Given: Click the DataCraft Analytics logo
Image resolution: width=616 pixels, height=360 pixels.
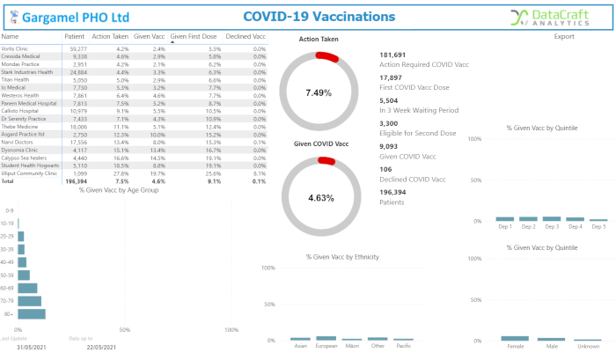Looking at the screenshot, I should pos(555,17).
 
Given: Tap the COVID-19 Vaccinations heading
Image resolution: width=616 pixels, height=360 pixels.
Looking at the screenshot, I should pos(319,17).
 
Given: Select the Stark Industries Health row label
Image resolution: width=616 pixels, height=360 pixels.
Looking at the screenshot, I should pos(28,72).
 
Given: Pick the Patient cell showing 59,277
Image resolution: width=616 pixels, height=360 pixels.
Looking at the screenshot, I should pos(77,48).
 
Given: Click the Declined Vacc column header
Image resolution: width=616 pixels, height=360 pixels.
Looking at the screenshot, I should pos(246,36).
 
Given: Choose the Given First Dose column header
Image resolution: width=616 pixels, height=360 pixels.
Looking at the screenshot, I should pos(194,36).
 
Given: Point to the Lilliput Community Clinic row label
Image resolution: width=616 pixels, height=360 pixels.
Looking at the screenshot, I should pos(30,173).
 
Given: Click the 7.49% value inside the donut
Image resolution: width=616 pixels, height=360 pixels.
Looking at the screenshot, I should pos(319,92).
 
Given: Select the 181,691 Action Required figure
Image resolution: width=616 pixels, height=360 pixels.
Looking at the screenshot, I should pos(392,55).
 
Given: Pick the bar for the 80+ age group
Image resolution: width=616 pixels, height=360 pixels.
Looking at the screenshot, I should pos(32,313).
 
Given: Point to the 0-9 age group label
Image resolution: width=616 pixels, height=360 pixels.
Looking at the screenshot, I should pos(10,211).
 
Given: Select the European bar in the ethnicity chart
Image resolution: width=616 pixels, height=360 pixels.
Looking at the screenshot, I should pos(326,337).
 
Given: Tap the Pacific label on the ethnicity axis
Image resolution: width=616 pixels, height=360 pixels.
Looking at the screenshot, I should pos(403,346).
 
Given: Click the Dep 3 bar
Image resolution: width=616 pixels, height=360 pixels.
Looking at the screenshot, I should pos(552,218).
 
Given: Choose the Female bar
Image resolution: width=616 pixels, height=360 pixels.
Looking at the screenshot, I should pos(515,338).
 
